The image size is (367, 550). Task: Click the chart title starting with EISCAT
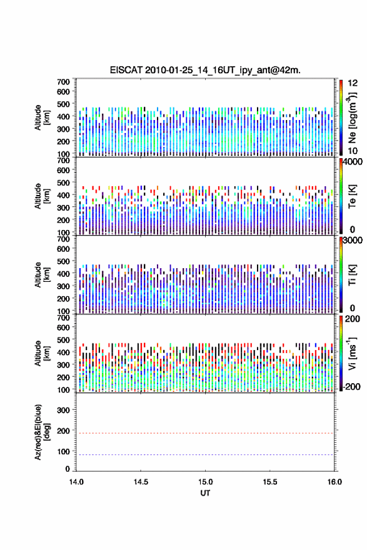coord(205,70)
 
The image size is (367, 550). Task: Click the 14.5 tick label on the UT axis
coord(140,482)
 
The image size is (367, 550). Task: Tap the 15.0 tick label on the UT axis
coord(205,482)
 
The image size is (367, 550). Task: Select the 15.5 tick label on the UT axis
coord(270,482)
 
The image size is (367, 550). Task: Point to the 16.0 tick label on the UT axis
coord(334,482)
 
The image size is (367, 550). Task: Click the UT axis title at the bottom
coord(205,493)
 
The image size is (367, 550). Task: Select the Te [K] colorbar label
coord(353,196)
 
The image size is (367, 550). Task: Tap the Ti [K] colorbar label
coord(353,274)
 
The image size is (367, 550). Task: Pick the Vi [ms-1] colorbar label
coord(353,353)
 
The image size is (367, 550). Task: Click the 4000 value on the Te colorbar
coord(353,162)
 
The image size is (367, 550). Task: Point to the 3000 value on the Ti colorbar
coord(353,240)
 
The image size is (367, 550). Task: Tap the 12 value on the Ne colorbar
coord(353,83)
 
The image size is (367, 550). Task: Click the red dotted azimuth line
coord(205,433)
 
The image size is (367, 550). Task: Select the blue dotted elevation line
coord(205,454)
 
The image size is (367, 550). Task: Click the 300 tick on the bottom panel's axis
coord(64,410)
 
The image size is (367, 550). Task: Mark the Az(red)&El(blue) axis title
coord(42,432)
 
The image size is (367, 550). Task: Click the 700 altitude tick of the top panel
coord(64,82)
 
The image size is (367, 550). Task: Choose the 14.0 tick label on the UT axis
coord(76,482)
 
